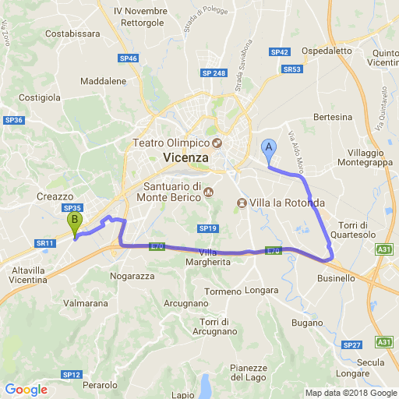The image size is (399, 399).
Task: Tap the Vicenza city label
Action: click(187, 157)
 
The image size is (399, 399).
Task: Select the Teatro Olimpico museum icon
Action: click(217, 143)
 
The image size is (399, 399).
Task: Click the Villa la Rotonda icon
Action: click(242, 203)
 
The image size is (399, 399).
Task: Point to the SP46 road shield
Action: click(129, 58)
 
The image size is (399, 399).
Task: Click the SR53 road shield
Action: click(292, 69)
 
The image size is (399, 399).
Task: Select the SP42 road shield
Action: click(280, 52)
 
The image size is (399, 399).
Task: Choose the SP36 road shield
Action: click(14, 120)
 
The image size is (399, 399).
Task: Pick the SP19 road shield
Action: click(207, 228)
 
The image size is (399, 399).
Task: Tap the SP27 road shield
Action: click(352, 344)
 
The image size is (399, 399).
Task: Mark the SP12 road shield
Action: click(72, 375)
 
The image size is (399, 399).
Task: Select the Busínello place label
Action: click(336, 278)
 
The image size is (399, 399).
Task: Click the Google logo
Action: click(26, 390)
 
